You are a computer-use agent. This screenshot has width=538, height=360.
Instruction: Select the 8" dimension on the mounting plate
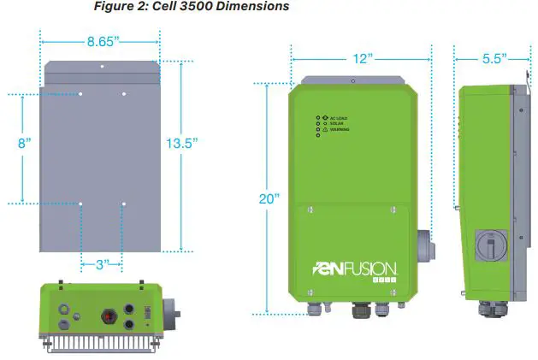(23, 144)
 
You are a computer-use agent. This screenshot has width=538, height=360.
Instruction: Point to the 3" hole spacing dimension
(102, 264)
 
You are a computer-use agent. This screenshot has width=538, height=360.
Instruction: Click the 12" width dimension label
(362, 58)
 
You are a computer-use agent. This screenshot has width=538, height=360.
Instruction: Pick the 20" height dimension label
(269, 198)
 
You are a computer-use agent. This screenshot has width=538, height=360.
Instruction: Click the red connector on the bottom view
(109, 312)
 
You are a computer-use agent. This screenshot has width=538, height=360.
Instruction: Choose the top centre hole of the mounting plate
(102, 66)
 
